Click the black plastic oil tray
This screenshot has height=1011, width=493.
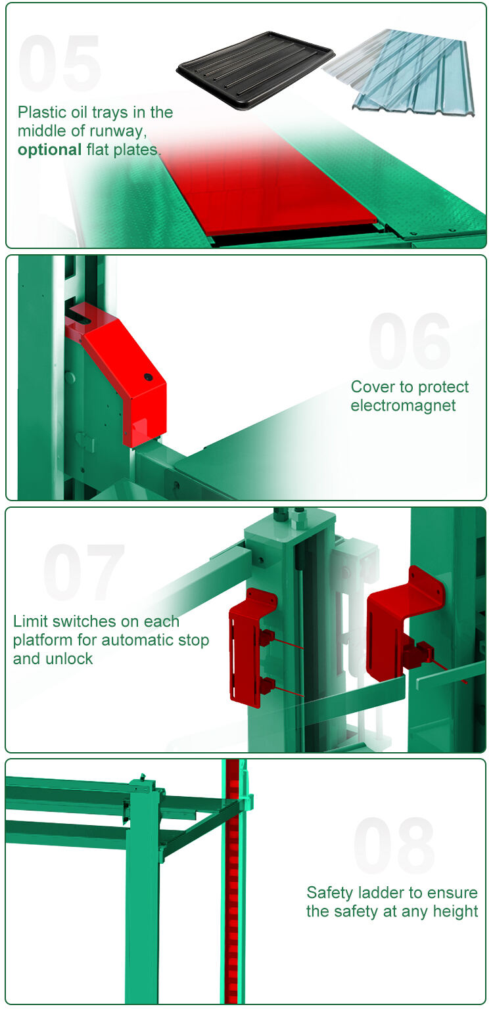coord(255,70)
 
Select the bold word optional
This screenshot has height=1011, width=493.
coord(50,150)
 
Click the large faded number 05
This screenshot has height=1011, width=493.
coord(59,63)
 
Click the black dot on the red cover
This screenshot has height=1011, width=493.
coord(148,376)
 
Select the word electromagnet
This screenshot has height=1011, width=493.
coord(403,405)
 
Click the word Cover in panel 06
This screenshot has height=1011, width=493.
coord(373,387)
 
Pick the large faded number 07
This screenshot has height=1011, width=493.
coord(84,572)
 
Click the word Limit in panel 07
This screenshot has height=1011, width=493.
coord(30,621)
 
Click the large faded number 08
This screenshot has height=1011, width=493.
coord(394,845)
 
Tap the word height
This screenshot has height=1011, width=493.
coord(456,911)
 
